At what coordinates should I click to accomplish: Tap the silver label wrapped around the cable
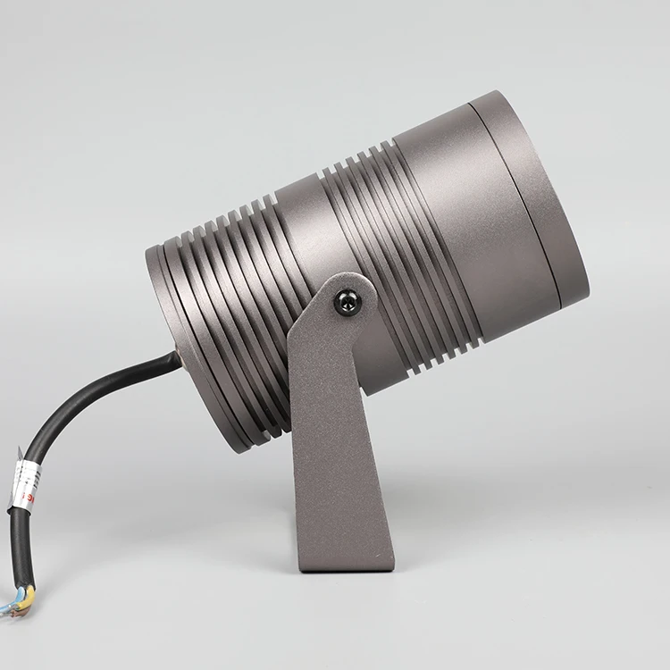pos(24,482)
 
